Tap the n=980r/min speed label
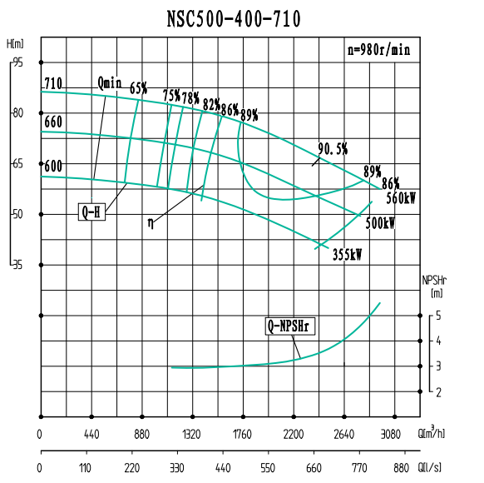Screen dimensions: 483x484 pyautogui.click(x=378, y=49)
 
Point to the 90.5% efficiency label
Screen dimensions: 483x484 pyautogui.click(x=333, y=149)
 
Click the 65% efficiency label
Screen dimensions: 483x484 pyautogui.click(x=138, y=87)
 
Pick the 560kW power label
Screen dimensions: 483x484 pyautogui.click(x=401, y=198)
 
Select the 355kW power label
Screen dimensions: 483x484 pyautogui.click(x=347, y=254)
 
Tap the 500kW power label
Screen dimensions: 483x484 pyautogui.click(x=379, y=224)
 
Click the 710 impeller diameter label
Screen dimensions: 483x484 pyautogui.click(x=53, y=83)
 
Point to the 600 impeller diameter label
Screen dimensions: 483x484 pyautogui.click(x=53, y=167)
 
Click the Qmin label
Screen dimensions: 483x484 pyautogui.click(x=110, y=82)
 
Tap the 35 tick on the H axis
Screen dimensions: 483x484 pyautogui.click(x=18, y=265)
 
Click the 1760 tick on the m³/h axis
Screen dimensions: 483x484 pyautogui.click(x=242, y=433)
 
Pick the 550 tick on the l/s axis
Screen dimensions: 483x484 pyautogui.click(x=267, y=469)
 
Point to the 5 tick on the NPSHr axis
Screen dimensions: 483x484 pyautogui.click(x=439, y=316)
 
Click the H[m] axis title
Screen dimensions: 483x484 pyautogui.click(x=14, y=43)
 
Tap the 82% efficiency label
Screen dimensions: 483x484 pyautogui.click(x=211, y=104)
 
